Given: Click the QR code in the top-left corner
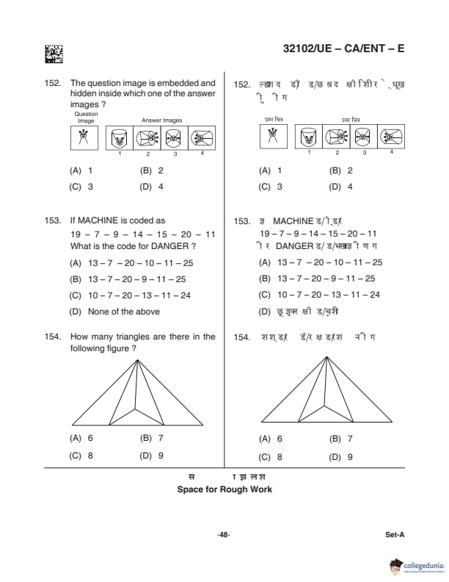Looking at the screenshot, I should [54, 53].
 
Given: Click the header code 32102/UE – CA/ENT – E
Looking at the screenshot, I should [343, 49].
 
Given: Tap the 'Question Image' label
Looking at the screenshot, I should [86, 117].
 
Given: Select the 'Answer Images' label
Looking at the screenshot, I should [161, 121].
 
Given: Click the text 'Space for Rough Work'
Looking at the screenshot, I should [224, 489].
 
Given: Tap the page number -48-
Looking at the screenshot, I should [224, 535].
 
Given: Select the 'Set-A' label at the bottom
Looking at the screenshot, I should [395, 535].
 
